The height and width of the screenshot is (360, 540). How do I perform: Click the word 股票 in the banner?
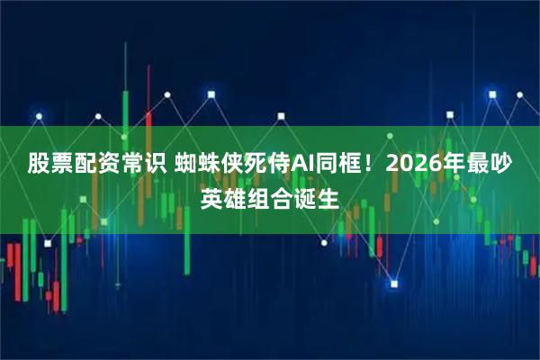[x=50, y=165]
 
